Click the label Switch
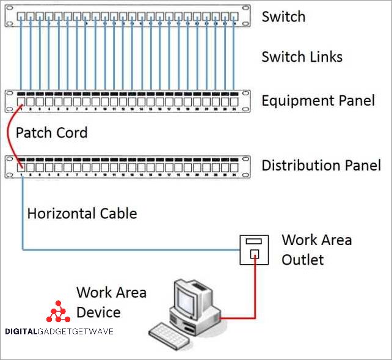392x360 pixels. click(283, 17)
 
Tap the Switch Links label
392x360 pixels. click(302, 57)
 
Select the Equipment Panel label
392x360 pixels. click(318, 100)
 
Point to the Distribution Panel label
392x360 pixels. click(321, 165)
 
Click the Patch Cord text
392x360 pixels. click(51, 133)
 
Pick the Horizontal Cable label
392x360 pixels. click(82, 214)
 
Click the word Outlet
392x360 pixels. click(302, 260)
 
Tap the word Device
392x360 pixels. click(98, 312)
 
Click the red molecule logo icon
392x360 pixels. click(58, 312)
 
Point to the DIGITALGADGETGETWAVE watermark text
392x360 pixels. click(59, 331)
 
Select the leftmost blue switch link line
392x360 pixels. click(21, 55)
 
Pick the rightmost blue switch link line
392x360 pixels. click(234, 55)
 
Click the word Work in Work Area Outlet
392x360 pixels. click(297, 240)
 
